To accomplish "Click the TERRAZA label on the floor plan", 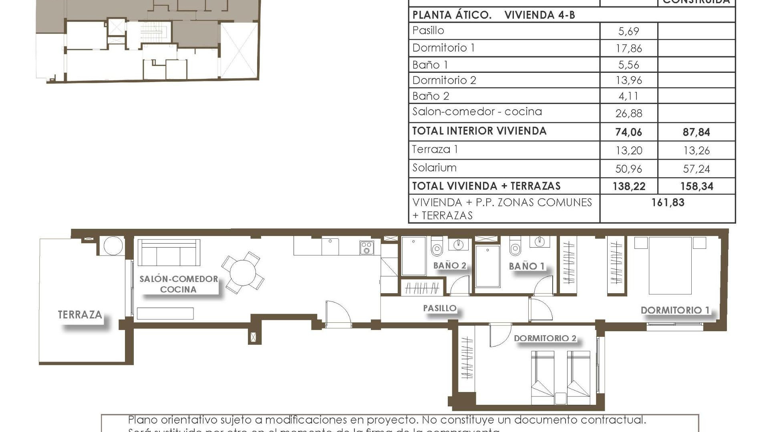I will pyautogui.click(x=80, y=315).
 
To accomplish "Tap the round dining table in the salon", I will pyautogui.click(x=243, y=273).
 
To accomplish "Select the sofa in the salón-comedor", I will pyautogui.click(x=169, y=253).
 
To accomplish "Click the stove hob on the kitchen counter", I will pyautogui.click(x=366, y=248).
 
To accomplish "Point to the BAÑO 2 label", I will pyautogui.click(x=449, y=266).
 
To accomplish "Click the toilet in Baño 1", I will pyautogui.click(x=515, y=248).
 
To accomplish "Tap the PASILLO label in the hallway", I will pyautogui.click(x=440, y=308).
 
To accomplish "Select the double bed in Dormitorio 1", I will pyautogui.click(x=670, y=266).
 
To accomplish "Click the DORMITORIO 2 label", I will pyautogui.click(x=545, y=338).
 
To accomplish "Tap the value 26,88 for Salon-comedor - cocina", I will pyautogui.click(x=628, y=114).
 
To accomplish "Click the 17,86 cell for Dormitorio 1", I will pyautogui.click(x=628, y=48).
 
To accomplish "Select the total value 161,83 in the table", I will pyautogui.click(x=668, y=202).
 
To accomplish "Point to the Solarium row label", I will pyautogui.click(x=434, y=168).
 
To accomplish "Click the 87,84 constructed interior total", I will pyautogui.click(x=696, y=132).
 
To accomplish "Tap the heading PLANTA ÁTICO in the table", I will pyautogui.click(x=452, y=15).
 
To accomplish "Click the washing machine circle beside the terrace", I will pyautogui.click(x=112, y=246).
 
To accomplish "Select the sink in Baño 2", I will pyautogui.click(x=458, y=244).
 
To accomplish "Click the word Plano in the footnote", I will pyautogui.click(x=142, y=420).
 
